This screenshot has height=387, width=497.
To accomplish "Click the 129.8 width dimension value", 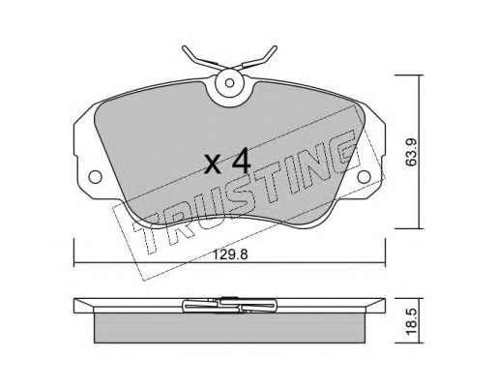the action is tap(230, 254).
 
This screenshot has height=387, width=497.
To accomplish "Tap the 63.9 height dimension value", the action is tap(411, 152).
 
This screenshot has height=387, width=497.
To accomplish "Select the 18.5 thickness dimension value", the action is tap(411, 321).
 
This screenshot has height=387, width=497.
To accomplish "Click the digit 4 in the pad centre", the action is tap(242, 161).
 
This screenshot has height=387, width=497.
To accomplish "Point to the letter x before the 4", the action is tap(214, 164).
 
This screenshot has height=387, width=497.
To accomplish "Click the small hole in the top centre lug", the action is tap(229, 83).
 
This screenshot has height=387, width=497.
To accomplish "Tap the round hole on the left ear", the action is tap(95, 177).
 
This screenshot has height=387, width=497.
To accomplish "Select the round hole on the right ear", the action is tap(364, 177).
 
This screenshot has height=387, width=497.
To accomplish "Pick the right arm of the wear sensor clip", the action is tap(258, 59).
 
